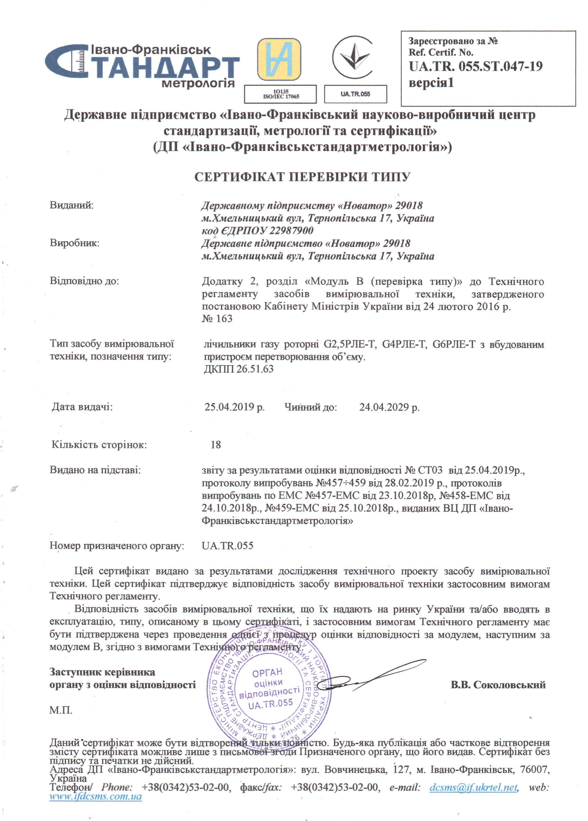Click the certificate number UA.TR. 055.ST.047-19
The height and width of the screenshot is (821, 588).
475,67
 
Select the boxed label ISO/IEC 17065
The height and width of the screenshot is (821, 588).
281,94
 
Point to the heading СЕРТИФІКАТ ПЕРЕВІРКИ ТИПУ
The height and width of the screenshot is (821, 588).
302,177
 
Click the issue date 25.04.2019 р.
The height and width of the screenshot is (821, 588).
234,407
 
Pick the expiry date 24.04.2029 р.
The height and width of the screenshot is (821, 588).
389,407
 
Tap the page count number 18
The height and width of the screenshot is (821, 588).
216,444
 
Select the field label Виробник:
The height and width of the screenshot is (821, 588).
75,243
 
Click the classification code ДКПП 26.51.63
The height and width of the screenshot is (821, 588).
239,369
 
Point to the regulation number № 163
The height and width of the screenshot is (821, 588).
217,319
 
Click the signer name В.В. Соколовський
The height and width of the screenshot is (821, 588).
498,685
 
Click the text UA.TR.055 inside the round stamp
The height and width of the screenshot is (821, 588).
270,704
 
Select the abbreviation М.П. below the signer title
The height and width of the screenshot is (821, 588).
61,710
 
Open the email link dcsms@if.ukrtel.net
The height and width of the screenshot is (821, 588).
473,787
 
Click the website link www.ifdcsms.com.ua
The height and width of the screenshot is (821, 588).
95,796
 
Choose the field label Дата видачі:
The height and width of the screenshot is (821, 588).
82,407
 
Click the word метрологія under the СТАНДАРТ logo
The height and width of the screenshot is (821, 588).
198,84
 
